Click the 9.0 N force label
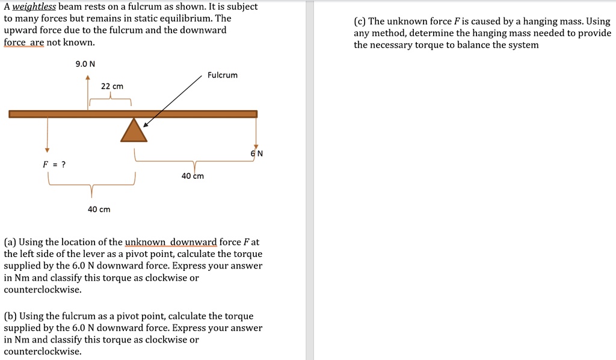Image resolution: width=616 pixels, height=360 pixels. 85,64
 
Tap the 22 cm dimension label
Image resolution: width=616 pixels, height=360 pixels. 112,86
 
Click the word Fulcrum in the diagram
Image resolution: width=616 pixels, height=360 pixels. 223,75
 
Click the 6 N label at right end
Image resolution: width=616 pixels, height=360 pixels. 257,154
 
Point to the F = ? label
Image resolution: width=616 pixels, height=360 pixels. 54,164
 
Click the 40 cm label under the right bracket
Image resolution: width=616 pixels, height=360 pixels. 192,176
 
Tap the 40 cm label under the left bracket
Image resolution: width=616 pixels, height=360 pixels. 99,209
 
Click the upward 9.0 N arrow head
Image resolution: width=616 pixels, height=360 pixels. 88,78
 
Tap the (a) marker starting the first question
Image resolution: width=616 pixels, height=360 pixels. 10,242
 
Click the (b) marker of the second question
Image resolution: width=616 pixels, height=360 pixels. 10,316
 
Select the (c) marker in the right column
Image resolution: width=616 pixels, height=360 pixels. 360,21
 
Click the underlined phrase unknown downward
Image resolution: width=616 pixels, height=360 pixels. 170,242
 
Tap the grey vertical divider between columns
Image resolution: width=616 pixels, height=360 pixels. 310,180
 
